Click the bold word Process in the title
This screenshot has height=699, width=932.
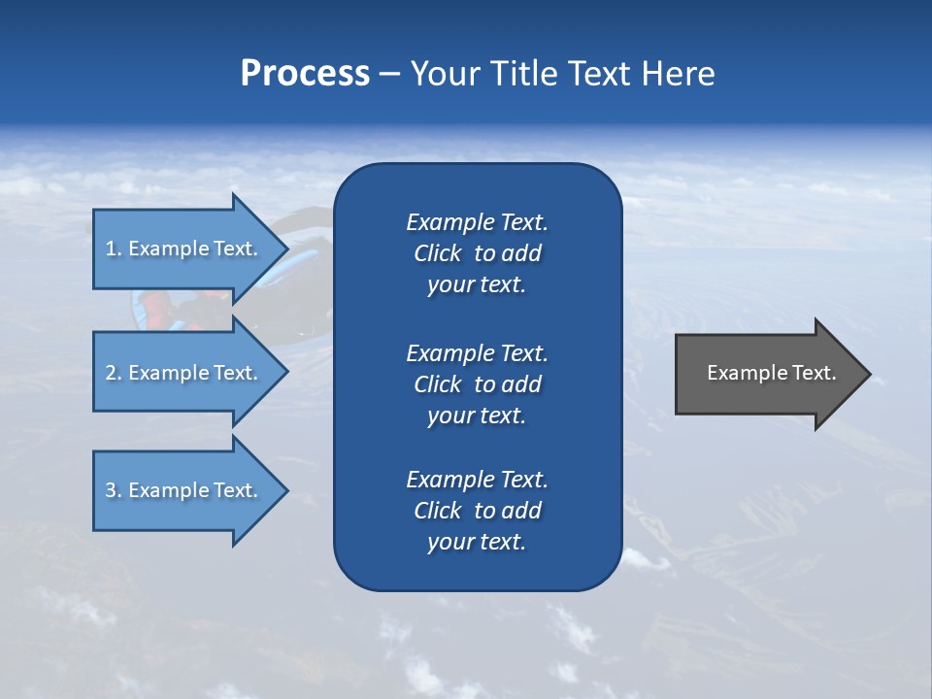(x=305, y=74)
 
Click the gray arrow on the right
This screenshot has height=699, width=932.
(x=767, y=373)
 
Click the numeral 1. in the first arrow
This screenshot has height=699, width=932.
(x=114, y=249)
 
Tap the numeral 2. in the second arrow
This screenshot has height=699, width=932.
(x=114, y=373)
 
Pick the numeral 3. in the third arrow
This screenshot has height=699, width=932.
(x=114, y=490)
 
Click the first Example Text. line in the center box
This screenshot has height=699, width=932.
(x=477, y=222)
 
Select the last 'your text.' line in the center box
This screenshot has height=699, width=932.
(x=477, y=542)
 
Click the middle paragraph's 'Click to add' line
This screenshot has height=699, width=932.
(x=477, y=384)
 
